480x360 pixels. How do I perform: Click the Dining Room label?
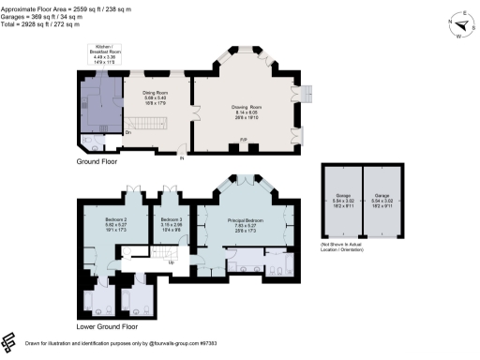point(154,97)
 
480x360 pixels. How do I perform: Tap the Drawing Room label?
point(247,110)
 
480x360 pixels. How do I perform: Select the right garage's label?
point(382,199)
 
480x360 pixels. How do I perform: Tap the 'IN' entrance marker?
point(182,157)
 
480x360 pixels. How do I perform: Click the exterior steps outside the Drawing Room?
point(303,95)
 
